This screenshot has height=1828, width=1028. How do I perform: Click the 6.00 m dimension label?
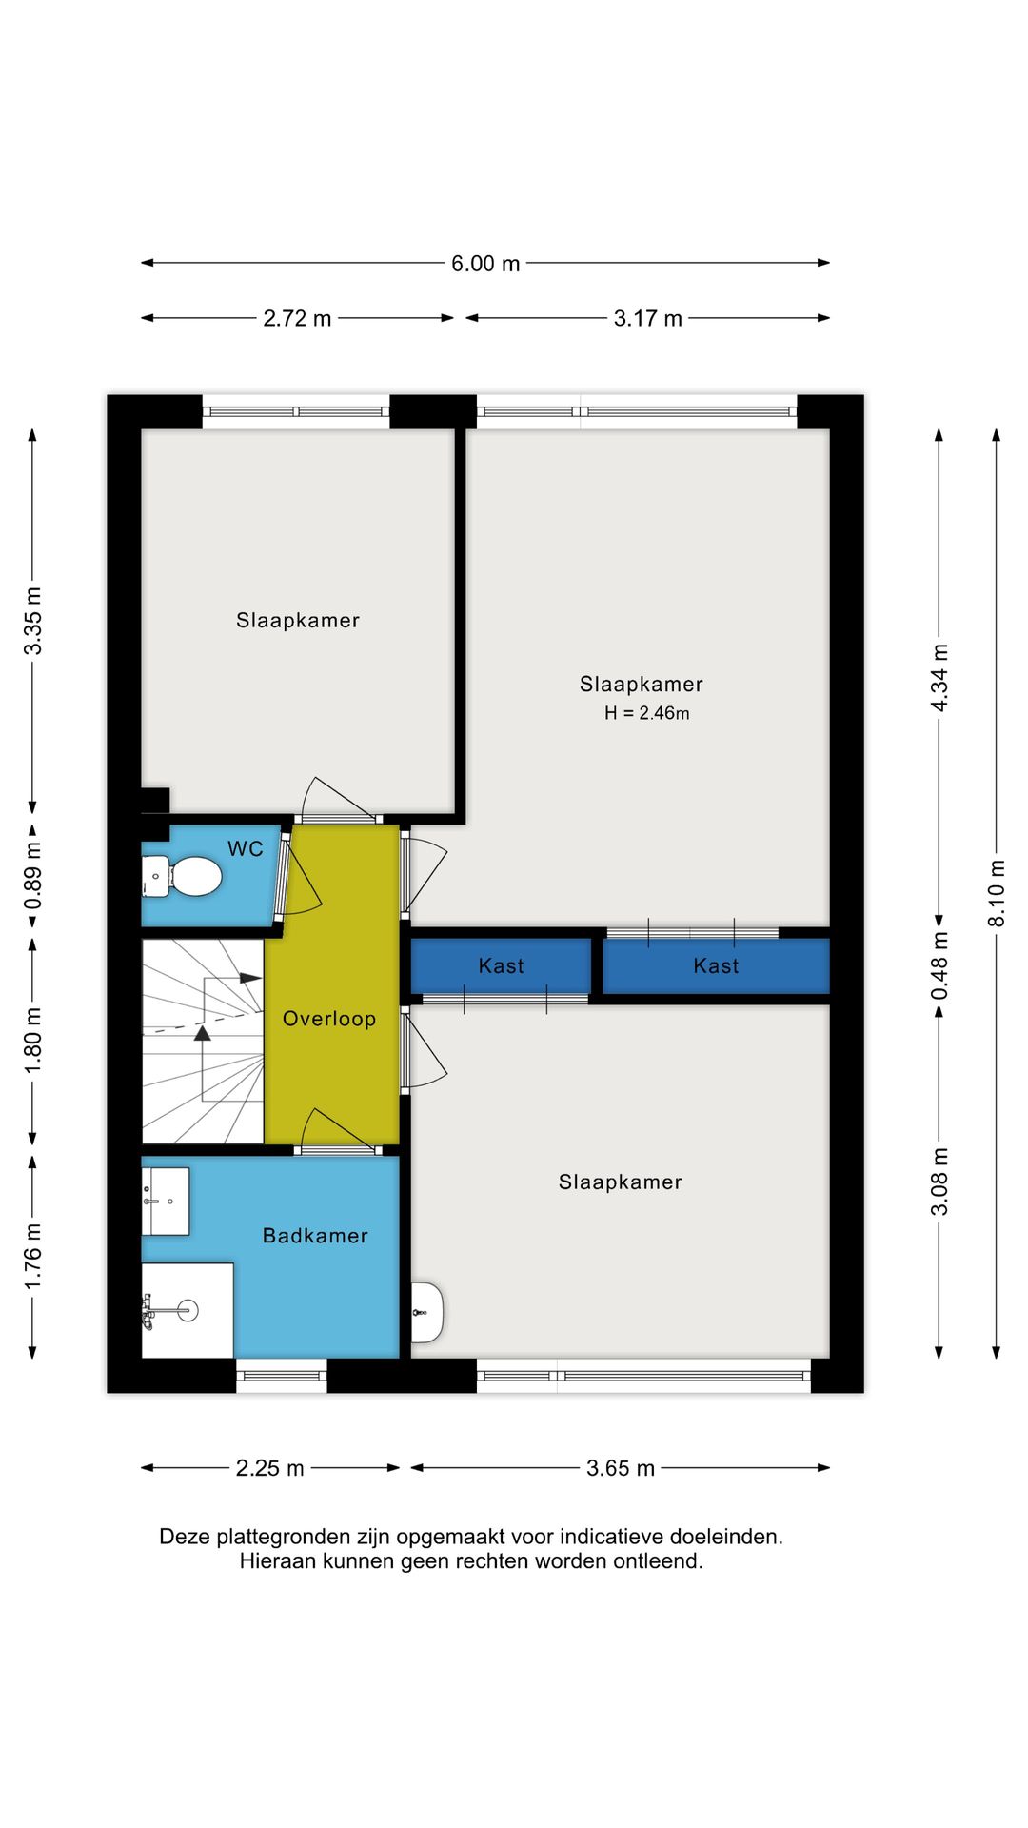coord(485,264)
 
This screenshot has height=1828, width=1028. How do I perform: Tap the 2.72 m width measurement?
coord(297,319)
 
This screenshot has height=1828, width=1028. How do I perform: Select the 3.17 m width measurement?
coord(647,319)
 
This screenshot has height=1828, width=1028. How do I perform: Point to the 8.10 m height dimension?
coord(997,893)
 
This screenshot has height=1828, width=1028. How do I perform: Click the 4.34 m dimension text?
coord(939,678)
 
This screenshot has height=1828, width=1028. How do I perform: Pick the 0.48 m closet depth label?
coord(939,965)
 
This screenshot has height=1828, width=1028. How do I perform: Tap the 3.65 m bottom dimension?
coord(621,1468)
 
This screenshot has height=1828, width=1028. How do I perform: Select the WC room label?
coord(246,848)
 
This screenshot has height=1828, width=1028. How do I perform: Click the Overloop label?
coord(329,1019)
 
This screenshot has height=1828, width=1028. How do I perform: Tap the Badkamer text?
coord(315,1236)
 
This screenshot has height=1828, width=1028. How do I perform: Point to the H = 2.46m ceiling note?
coord(647,713)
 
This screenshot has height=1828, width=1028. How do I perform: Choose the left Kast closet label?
coord(502,966)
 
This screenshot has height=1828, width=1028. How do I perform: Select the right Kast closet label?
coord(717,966)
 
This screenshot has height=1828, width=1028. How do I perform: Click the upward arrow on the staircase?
coord(202,1034)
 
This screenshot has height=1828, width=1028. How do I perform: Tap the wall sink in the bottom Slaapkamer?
coord(427,1312)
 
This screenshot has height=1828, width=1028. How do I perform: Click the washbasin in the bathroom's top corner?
coord(166,1202)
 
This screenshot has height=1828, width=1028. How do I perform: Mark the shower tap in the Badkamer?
coord(148,1312)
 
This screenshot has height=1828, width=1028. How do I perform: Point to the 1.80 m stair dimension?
coord(33,1041)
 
